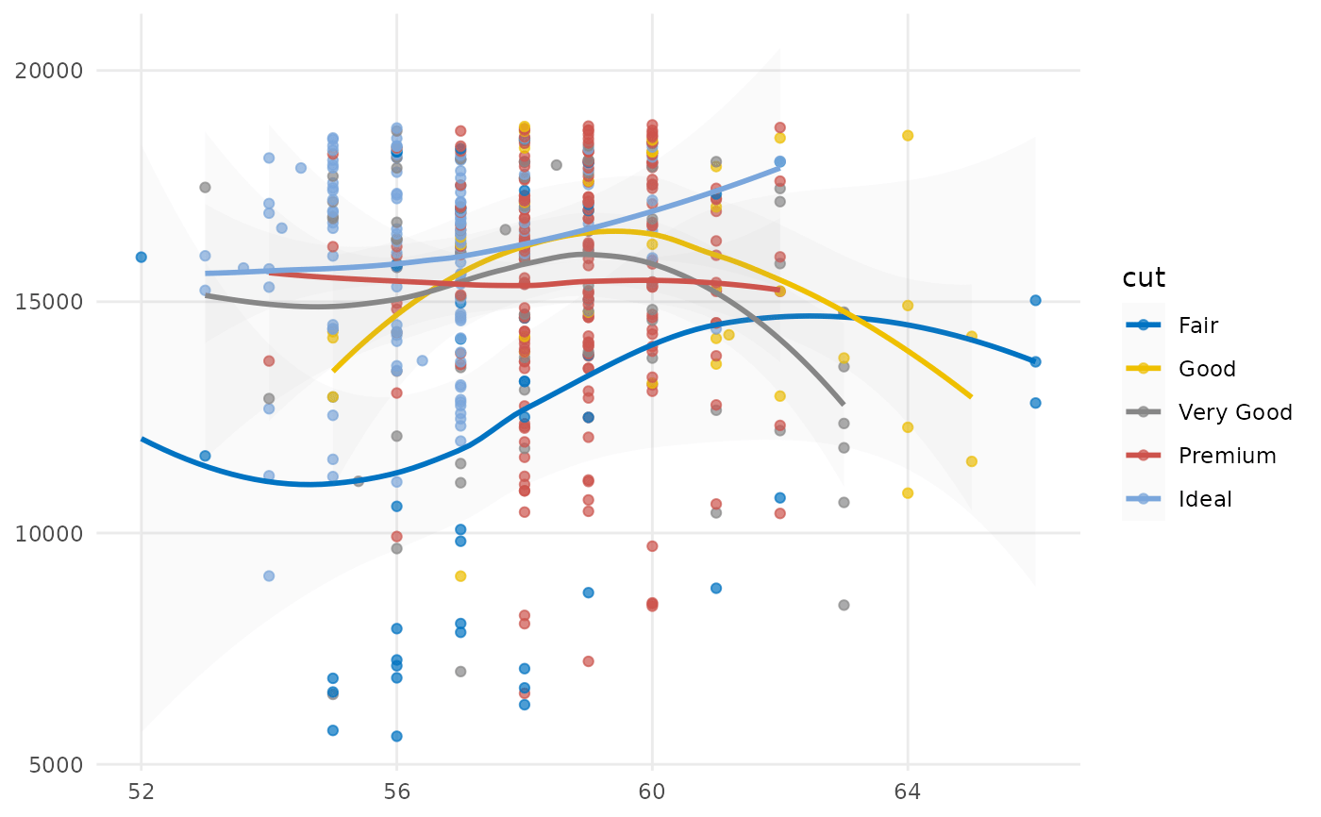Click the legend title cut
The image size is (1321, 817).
pos(1143,277)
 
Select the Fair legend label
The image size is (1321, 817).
pos(1198,325)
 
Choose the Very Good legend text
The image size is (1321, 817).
pos(1235,412)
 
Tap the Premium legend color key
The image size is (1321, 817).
pos(1143,456)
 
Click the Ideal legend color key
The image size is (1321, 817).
pos(1143,499)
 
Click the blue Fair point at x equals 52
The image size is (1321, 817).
pos(142,257)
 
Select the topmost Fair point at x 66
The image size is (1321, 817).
pos(1035,300)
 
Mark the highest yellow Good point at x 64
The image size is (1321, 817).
pos(908,135)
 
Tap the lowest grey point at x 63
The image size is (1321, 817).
pos(844,605)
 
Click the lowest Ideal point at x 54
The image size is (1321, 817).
pos(269,575)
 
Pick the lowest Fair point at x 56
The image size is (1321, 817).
pos(396,736)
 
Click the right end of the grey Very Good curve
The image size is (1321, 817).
pos(843,404)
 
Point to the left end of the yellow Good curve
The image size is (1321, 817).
pos(333,371)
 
